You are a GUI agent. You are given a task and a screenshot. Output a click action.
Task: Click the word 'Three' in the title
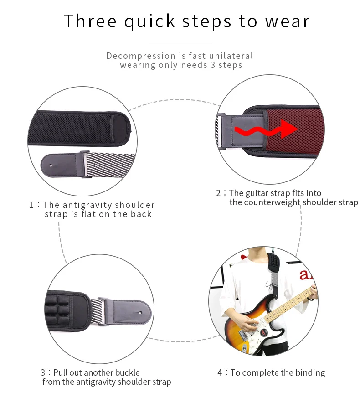click(x=90, y=21)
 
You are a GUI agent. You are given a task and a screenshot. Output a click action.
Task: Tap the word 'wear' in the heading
click(x=287, y=21)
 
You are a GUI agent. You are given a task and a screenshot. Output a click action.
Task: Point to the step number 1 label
click(x=31, y=205)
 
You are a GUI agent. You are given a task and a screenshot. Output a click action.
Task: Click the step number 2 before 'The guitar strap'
click(x=218, y=193)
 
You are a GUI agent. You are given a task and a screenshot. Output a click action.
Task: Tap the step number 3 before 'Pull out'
click(x=43, y=372)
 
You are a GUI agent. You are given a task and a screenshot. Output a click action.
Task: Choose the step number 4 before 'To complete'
click(x=220, y=372)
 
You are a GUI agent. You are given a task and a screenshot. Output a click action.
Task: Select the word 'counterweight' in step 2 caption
click(x=272, y=202)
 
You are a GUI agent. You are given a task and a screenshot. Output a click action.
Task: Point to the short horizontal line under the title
click(x=180, y=42)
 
